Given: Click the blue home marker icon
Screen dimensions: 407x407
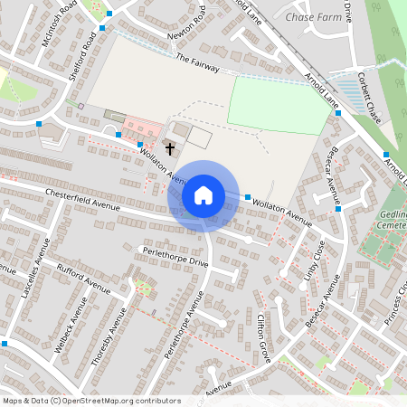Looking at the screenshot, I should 203,194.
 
